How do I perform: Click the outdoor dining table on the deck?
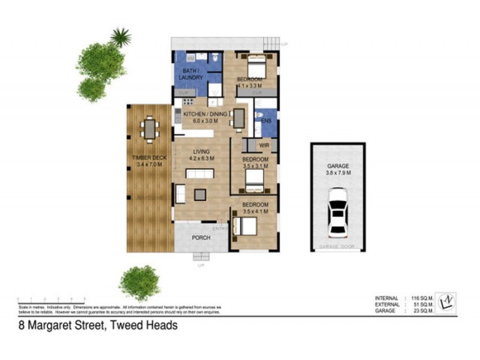click(149, 128)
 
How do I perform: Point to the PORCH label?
click(200, 238)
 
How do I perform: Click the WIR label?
click(264, 146)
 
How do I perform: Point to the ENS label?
click(267, 120)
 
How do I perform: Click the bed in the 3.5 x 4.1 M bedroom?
click(246, 226)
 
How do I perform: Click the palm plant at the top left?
click(121, 37)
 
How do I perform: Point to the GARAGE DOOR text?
click(337, 247)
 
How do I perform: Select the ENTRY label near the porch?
click(218, 229)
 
